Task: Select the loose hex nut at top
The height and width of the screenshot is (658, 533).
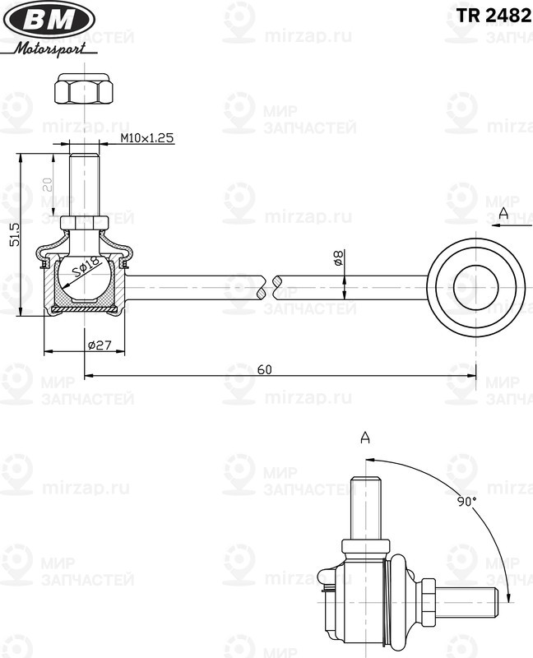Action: coord(83,89)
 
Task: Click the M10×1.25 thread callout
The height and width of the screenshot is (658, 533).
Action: coord(146,138)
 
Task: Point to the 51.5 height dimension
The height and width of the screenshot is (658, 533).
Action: coord(12,234)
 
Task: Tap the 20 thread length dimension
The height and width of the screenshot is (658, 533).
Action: coord(48,185)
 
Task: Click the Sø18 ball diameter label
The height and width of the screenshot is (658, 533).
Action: coord(86,267)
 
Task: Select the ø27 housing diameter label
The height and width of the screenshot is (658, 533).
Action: coord(99,345)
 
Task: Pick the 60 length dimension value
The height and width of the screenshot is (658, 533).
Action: coord(264,369)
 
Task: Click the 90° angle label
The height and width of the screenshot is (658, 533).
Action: coord(467,501)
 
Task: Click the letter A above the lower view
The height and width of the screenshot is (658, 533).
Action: coord(365,438)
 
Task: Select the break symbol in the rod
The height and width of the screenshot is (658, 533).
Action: coord(268,288)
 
